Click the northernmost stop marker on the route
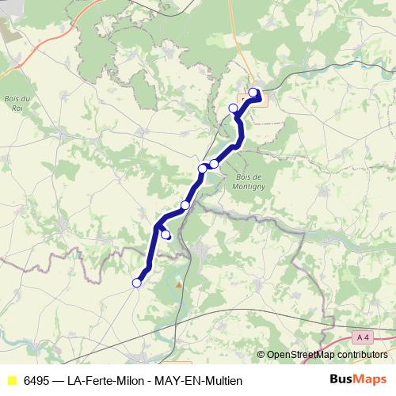[x=253, y=93]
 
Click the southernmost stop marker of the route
[x=136, y=283]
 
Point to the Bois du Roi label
[x=17, y=102]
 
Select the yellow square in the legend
[x=12, y=380]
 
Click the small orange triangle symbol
[x=179, y=284]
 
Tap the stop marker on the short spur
[x=166, y=234]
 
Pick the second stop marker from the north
[x=233, y=109]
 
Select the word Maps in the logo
[x=372, y=379]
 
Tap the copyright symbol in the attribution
[x=261, y=355]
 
